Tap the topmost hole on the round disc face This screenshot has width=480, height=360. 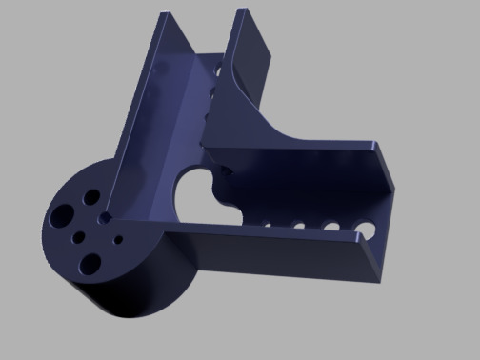point(91,196)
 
